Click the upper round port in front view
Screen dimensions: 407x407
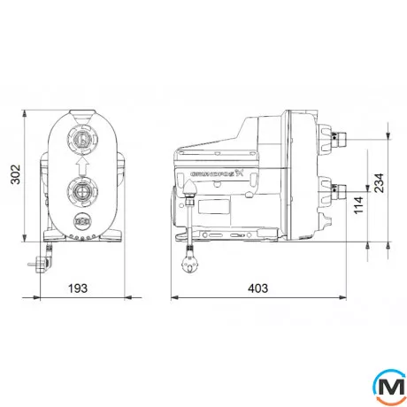(82, 138)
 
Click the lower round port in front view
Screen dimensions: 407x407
(82, 189)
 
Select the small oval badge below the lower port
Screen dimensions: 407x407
(82, 221)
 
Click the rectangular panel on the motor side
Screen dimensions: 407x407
(215, 211)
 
